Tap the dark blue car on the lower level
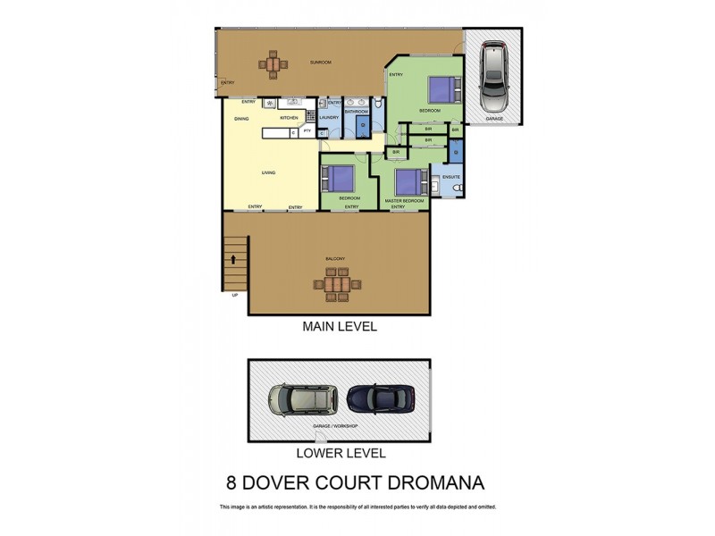coord(381,398)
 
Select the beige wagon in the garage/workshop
coord(304,399)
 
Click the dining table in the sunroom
coord(273,63)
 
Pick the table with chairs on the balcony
coord(338,285)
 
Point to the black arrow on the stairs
coord(234,260)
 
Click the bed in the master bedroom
coord(407,181)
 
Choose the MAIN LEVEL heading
coord(340,327)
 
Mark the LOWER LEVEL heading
coord(339,453)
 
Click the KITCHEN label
coord(289,118)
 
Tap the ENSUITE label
coord(450,177)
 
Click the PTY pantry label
coord(307,132)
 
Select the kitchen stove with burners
coord(268,103)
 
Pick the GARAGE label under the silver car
coord(492,118)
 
